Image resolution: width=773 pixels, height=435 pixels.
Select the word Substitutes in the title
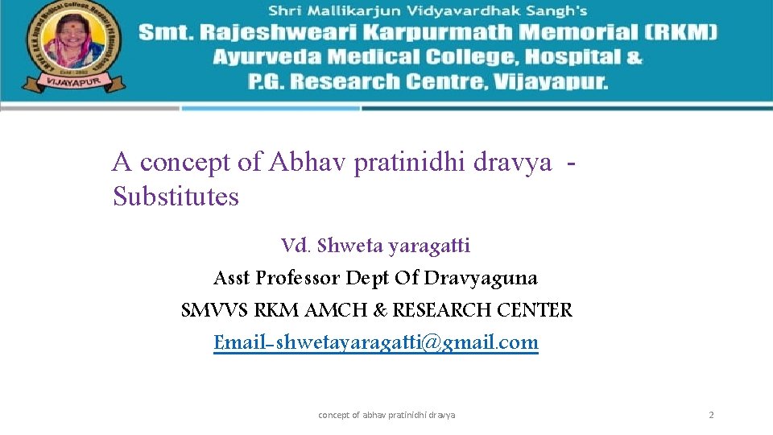(x=176, y=197)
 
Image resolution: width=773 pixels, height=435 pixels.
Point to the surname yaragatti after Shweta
(x=428, y=245)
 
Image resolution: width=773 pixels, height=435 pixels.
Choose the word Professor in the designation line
(x=297, y=278)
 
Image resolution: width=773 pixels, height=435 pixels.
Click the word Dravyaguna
(x=481, y=278)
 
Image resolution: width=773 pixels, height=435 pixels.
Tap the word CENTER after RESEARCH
(x=535, y=310)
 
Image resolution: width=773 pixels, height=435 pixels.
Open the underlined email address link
(x=376, y=342)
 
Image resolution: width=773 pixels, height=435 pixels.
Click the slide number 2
(x=711, y=415)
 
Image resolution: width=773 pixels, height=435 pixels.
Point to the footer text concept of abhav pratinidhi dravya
(x=386, y=415)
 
